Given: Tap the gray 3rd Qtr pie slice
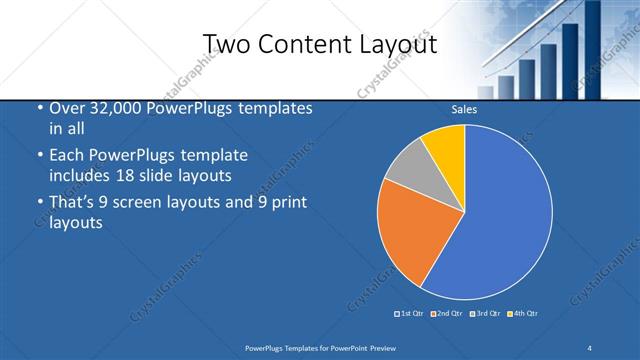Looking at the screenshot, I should [405, 170].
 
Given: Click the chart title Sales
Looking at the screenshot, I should [464, 109].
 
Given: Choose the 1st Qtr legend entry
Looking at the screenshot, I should [412, 314].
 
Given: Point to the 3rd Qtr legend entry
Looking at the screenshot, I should [486, 314].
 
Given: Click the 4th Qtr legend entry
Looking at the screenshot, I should [524, 314].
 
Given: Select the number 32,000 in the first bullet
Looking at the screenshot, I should [110, 108].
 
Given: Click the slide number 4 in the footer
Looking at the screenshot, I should [589, 347].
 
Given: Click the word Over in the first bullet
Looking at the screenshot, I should [66, 108].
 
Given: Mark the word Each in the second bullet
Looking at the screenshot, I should [66, 156].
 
